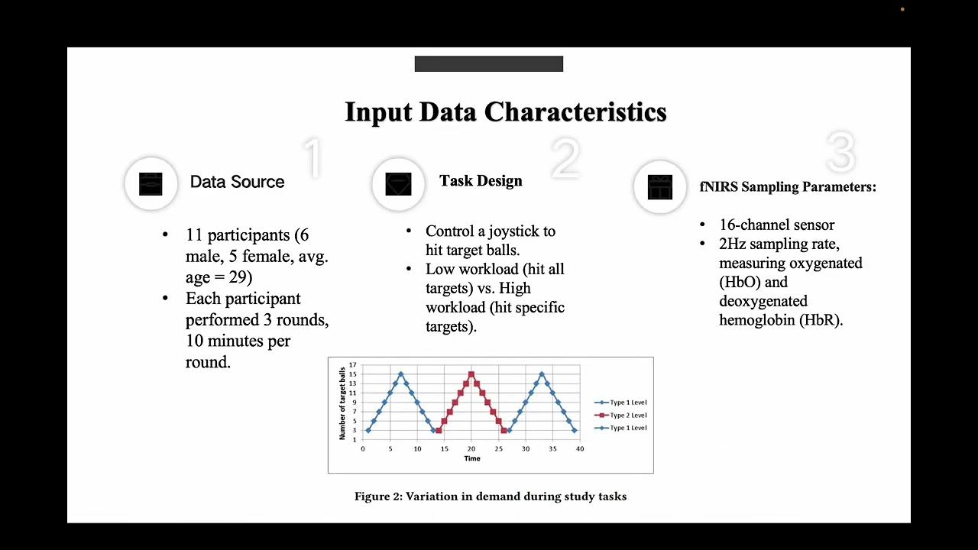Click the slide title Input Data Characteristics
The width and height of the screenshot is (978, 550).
[505, 112]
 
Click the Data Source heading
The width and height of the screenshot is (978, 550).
[237, 182]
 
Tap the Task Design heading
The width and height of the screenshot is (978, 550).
[481, 181]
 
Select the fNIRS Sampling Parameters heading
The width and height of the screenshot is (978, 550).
[788, 187]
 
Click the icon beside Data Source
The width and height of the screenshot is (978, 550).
[151, 184]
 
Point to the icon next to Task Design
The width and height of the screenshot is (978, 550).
[398, 184]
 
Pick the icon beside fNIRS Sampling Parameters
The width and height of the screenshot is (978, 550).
[659, 187]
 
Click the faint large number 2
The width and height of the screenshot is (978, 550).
[565, 159]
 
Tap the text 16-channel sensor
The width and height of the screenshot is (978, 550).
[776, 225]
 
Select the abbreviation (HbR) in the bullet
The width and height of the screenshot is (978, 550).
[821, 321]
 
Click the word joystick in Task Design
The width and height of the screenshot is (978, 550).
[523, 231]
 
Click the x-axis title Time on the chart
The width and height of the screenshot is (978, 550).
[472, 458]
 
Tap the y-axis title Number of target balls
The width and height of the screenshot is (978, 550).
[342, 403]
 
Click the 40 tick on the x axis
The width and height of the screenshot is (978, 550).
[580, 448]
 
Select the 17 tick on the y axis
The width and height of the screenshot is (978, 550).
[352, 365]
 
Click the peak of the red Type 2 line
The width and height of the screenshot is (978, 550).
[471, 374]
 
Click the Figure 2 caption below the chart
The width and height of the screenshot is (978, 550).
[490, 497]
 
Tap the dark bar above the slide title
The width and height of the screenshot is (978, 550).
[488, 64]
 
